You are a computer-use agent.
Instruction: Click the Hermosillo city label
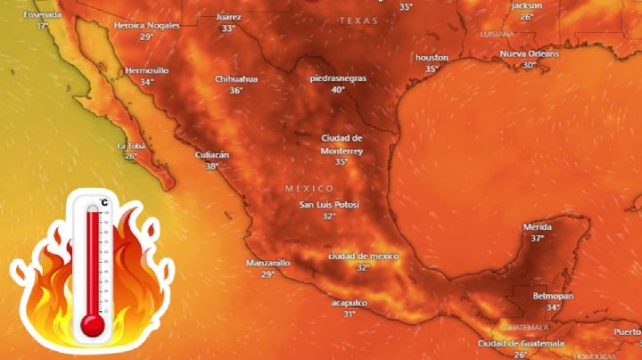[x=147, y=70]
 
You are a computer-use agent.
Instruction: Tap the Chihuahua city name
[x=235, y=78]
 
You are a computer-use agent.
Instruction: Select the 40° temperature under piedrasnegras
[x=338, y=89]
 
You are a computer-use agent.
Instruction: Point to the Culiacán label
[x=212, y=155]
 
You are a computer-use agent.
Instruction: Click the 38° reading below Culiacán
[x=212, y=166]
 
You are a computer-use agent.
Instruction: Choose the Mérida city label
[x=537, y=227]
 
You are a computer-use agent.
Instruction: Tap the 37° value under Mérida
[x=537, y=238]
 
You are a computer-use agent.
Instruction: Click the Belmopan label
[x=553, y=296]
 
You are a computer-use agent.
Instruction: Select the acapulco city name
[x=349, y=303]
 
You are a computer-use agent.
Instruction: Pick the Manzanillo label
[x=268, y=263]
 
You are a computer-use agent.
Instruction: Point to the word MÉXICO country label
[x=309, y=189]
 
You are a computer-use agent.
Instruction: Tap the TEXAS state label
[x=358, y=20]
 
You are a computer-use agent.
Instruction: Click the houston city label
[x=432, y=58]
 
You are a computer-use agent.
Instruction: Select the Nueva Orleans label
[x=530, y=53]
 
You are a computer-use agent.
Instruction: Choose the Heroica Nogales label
[x=147, y=26]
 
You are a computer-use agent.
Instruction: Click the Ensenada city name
[x=42, y=15]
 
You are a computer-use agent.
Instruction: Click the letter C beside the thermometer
[x=105, y=202]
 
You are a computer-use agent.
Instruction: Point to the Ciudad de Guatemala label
[x=521, y=343]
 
